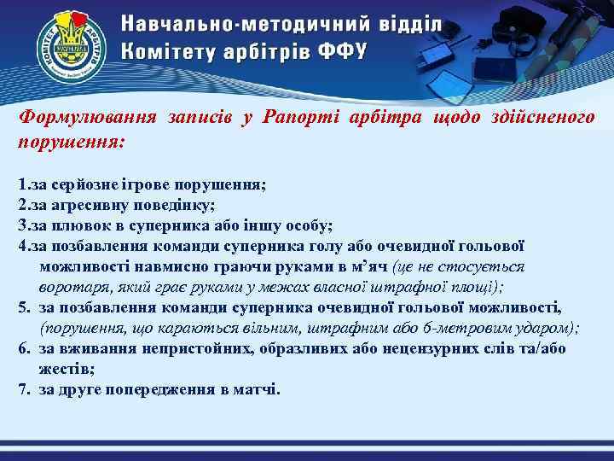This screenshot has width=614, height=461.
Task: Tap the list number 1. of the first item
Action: (23, 184)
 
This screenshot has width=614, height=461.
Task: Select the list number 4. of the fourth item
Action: (23, 246)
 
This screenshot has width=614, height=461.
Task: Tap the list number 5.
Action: (24, 307)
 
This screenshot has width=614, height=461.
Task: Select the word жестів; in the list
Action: (62, 369)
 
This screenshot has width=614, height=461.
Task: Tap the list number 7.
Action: (24, 389)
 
